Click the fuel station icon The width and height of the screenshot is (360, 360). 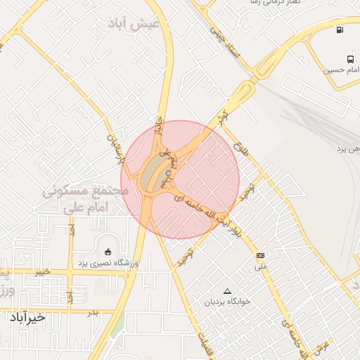click(340, 30)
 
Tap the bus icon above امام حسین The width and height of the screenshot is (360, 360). click(349, 58)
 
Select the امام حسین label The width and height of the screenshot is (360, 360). click(341, 70)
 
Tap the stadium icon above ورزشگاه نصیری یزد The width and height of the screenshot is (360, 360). click(108, 252)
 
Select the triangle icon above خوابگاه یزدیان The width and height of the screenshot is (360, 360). click(226, 291)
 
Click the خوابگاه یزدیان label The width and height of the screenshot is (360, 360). click(227, 302)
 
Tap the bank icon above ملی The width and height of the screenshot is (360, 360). click(261, 255)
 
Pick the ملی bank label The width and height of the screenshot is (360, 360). click(261, 266)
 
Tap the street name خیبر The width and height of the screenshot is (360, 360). click(42, 271)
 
